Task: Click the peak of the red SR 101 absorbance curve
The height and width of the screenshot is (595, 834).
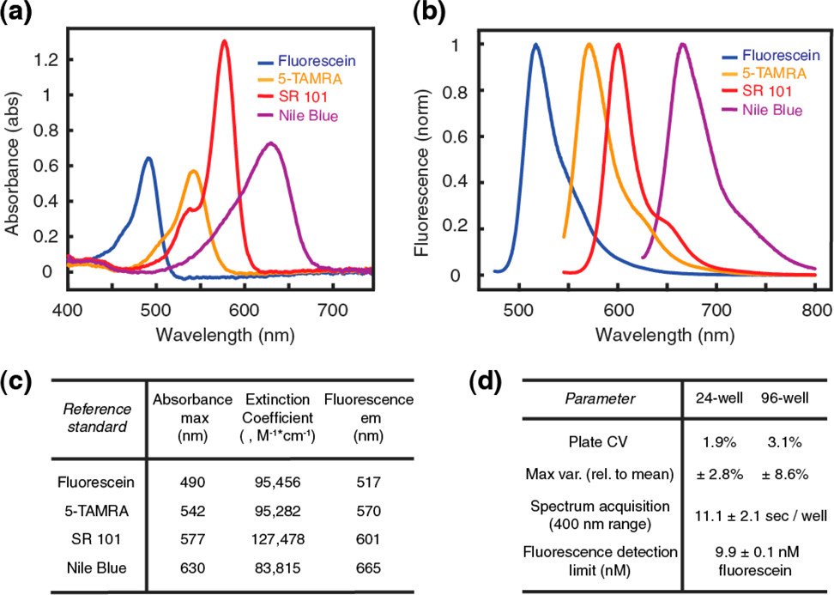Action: click(x=225, y=41)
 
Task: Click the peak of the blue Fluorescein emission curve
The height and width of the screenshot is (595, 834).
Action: click(x=536, y=45)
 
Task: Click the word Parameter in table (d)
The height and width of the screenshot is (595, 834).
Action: click(x=603, y=399)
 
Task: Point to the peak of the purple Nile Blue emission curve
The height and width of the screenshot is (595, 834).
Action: click(x=683, y=45)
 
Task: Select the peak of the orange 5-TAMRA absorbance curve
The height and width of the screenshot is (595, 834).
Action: click(x=193, y=172)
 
